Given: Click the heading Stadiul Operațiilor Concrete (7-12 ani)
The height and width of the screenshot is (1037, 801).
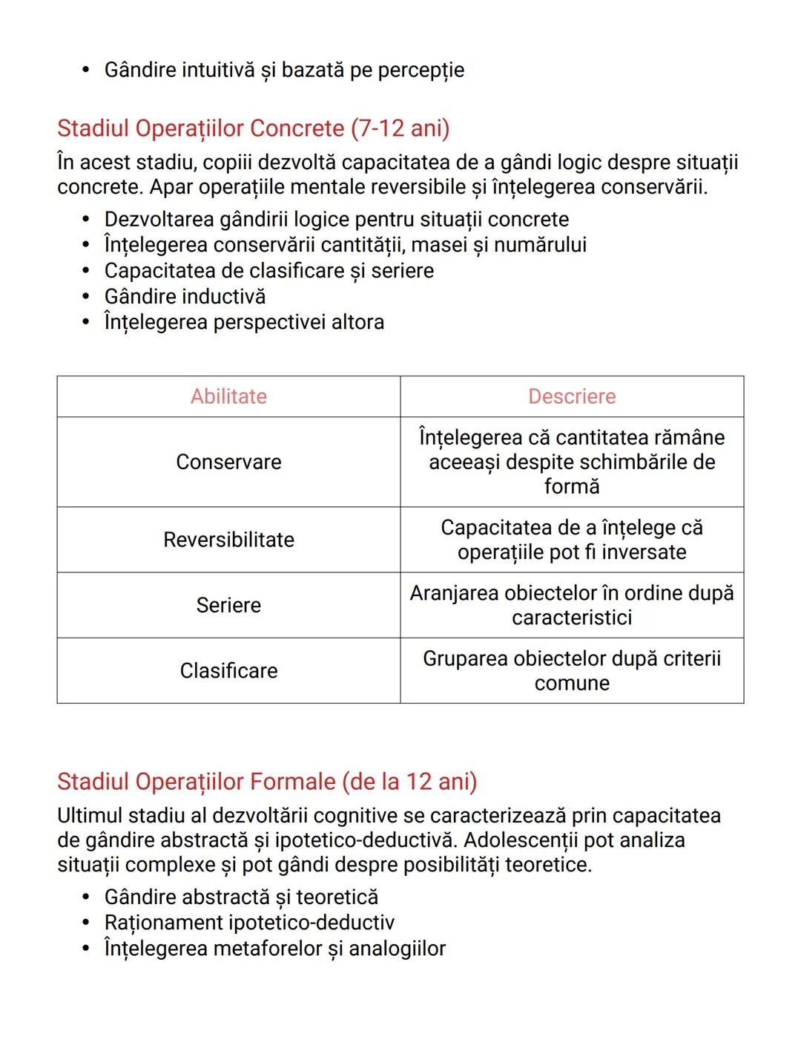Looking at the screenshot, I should click(x=253, y=128).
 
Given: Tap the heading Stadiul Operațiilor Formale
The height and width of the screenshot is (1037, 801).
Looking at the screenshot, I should click(x=267, y=782).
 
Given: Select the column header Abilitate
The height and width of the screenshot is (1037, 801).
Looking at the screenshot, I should click(x=228, y=396).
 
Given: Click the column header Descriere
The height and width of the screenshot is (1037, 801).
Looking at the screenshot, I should click(x=572, y=396).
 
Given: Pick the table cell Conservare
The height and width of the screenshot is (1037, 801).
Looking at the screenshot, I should click(x=228, y=462).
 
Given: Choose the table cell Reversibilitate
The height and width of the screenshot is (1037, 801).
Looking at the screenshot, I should click(x=228, y=540).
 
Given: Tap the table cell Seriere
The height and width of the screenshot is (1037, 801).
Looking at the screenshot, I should click(x=228, y=605).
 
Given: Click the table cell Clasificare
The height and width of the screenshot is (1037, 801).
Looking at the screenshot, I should click(x=228, y=670).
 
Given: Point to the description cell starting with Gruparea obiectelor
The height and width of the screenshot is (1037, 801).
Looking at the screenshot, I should click(x=572, y=670).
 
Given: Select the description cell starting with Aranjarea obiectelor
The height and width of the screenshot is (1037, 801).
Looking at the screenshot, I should click(x=572, y=605).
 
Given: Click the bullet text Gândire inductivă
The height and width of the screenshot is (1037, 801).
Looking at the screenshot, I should click(x=185, y=297).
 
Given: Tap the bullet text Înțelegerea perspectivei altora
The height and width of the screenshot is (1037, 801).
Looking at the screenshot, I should click(x=244, y=322).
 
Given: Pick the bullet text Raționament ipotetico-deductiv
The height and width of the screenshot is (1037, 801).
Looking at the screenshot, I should click(x=249, y=923).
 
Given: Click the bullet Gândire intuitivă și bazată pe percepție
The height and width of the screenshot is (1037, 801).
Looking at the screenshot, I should click(x=284, y=71).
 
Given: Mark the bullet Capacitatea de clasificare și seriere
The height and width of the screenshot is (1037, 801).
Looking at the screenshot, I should click(x=268, y=271).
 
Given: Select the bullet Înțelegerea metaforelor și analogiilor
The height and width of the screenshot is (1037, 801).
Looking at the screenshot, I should click(x=274, y=949).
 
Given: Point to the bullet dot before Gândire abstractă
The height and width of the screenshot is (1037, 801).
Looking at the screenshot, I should click(x=87, y=897).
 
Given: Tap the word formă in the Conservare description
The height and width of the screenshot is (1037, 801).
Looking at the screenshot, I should click(x=572, y=487).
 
